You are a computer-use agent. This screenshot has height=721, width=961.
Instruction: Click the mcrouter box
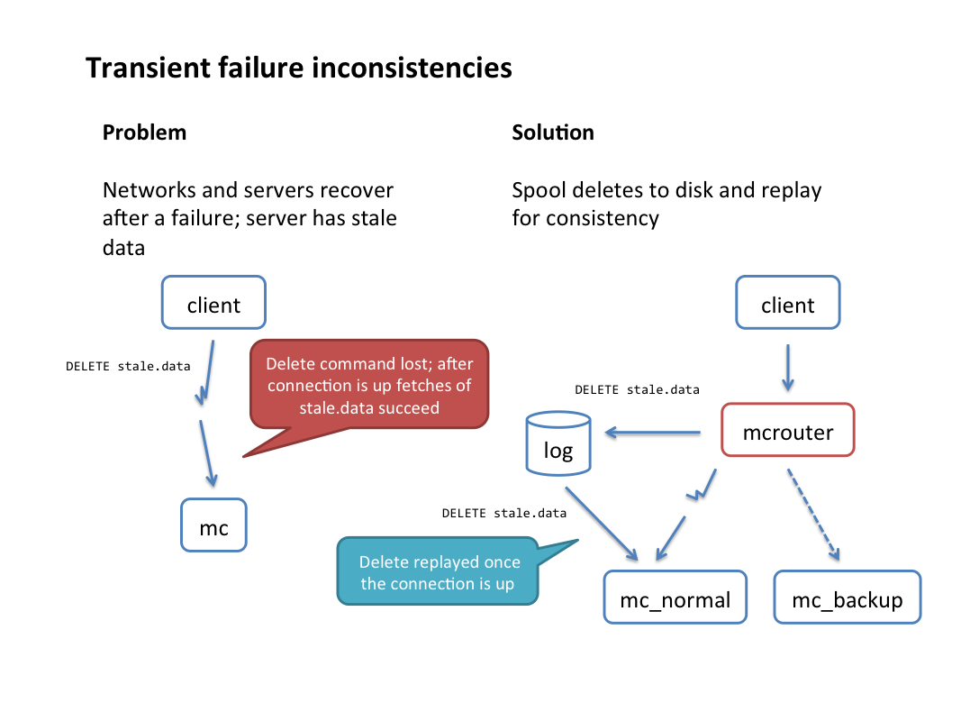[x=787, y=430]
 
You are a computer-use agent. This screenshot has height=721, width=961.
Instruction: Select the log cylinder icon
[x=558, y=444]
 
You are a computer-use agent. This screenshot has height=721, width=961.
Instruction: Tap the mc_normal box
[x=675, y=598]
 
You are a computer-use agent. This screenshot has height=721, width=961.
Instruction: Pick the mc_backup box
[x=847, y=598]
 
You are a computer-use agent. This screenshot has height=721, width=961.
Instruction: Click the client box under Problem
[x=213, y=302]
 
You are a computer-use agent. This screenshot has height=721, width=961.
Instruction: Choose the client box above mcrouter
[x=787, y=302]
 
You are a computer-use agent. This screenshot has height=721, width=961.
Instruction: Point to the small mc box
[x=213, y=525]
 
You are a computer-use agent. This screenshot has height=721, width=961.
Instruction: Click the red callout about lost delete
[x=369, y=385]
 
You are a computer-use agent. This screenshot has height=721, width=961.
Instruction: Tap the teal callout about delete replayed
[x=438, y=571]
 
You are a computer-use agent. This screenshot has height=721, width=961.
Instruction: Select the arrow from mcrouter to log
[x=653, y=433]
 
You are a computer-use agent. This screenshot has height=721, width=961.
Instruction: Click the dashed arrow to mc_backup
[x=813, y=515]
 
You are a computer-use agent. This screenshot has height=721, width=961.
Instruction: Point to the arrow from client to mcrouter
[x=788, y=368]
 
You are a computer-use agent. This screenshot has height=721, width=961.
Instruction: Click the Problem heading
[x=144, y=132]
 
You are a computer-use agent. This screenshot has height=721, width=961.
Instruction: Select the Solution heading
[x=553, y=132]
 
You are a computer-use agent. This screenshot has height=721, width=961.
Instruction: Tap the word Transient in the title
[x=148, y=68]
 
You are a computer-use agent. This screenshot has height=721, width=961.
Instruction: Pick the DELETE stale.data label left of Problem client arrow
[x=128, y=366]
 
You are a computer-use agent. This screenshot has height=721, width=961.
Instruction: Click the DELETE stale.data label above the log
[x=637, y=389]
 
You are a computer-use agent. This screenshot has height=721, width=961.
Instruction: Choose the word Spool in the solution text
[x=539, y=191]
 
